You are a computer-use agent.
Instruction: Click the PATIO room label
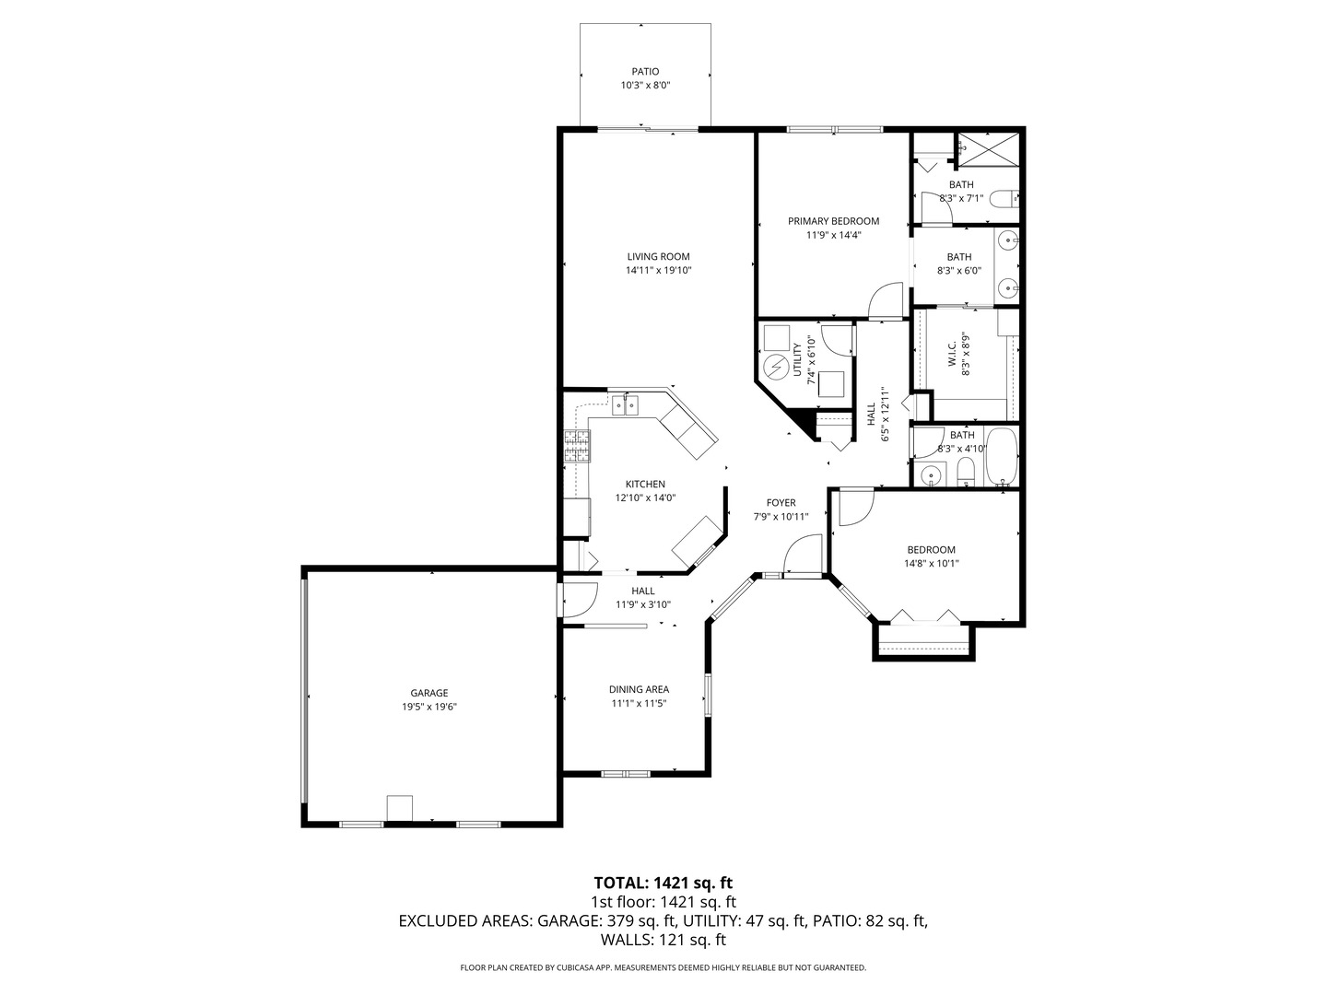(645, 71)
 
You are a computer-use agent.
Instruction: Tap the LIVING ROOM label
(658, 257)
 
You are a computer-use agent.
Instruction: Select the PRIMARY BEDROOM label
(833, 221)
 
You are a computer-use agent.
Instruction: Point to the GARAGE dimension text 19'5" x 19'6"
(429, 707)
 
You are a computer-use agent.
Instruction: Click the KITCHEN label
(645, 484)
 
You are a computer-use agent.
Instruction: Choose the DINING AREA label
(639, 689)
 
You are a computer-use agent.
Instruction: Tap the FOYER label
(781, 503)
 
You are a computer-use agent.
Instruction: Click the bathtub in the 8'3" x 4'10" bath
(1000, 456)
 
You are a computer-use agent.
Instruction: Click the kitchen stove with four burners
(578, 447)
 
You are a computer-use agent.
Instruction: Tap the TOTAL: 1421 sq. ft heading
(663, 883)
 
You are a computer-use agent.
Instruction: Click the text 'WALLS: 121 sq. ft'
(663, 940)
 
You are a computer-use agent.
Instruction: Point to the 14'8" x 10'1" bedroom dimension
(931, 564)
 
